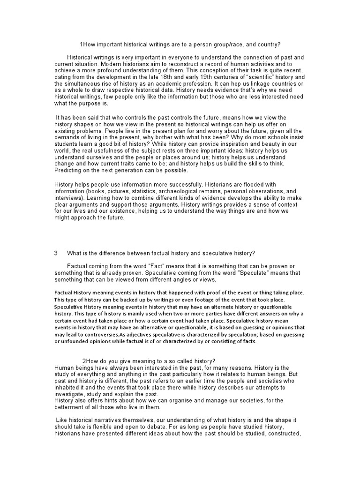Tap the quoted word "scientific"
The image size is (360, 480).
(x=254, y=77)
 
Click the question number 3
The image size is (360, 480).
(x=56, y=253)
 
